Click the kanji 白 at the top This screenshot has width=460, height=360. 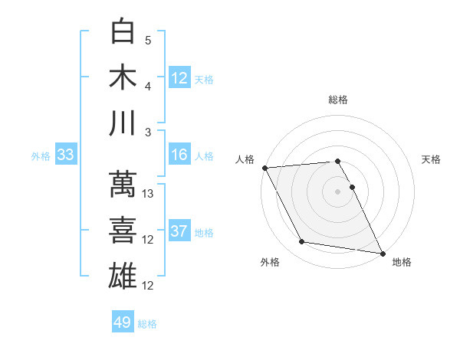point(123,31)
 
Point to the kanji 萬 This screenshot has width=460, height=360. point(123,185)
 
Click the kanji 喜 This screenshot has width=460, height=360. point(123,230)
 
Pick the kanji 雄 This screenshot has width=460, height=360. point(123,275)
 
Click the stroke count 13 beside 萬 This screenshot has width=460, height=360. point(149,194)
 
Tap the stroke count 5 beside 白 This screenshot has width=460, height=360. point(148,41)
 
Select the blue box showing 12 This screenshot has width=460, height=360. point(179,77)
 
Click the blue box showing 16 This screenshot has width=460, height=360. point(179,155)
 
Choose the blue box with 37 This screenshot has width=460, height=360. point(179,231)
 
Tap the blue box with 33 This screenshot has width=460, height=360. point(65,155)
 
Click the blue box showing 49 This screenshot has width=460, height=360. point(123,322)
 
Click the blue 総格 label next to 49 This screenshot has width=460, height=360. point(147,324)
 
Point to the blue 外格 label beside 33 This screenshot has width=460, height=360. point(41,156)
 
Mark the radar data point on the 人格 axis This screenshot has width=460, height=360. point(264,168)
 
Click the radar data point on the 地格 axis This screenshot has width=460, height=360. point(382,253)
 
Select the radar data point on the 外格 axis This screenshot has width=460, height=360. point(302,242)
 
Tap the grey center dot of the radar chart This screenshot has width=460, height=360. point(337,191)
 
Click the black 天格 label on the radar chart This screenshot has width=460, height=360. point(432,159)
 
